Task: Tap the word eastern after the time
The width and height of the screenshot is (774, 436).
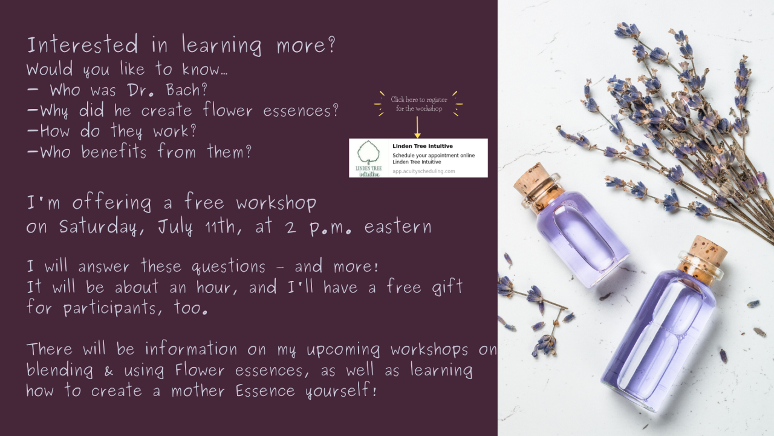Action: pyautogui.click(x=398, y=227)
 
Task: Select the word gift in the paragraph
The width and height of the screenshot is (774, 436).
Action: pyautogui.click(x=447, y=287)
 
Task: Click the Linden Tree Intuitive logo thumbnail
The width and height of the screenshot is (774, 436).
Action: pyautogui.click(x=369, y=158)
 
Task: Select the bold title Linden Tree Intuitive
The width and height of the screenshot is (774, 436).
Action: pyautogui.click(x=422, y=146)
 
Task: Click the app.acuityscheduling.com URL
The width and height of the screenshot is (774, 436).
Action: pyautogui.click(x=423, y=171)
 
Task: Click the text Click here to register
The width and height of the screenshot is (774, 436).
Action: pyautogui.click(x=418, y=99)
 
